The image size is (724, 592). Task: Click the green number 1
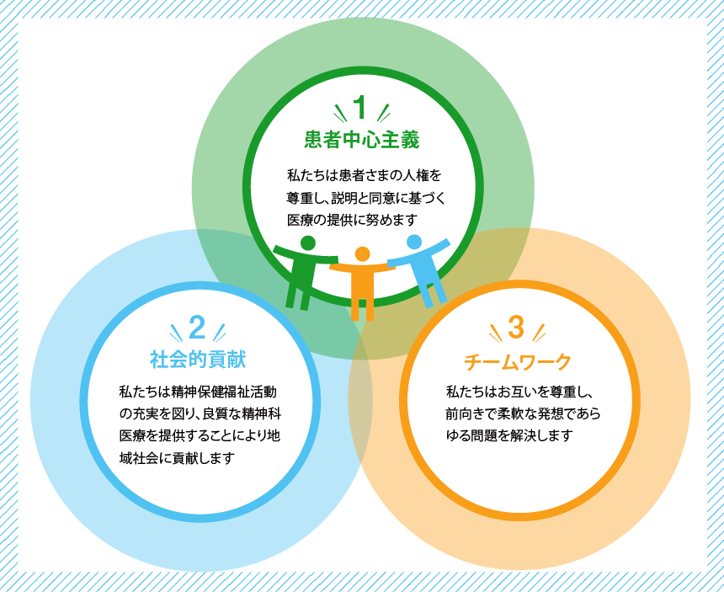(361, 108)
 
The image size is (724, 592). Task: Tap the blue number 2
(197, 328)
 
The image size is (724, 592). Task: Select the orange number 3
(516, 328)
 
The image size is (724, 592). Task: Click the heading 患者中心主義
(361, 140)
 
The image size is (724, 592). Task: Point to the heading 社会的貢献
(198, 360)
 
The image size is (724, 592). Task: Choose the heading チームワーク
(518, 361)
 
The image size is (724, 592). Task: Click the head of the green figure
(307, 243)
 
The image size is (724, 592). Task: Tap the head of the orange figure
(363, 254)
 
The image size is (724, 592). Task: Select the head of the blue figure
(414, 243)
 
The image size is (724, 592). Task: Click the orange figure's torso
(363, 283)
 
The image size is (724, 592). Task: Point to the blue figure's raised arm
(436, 247)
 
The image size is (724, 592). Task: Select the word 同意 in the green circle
(380, 198)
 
